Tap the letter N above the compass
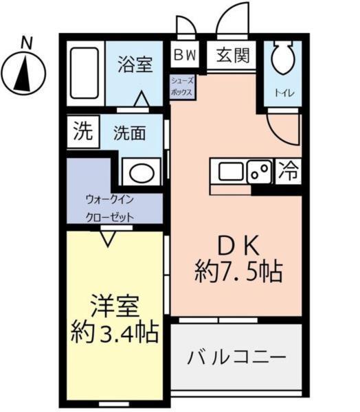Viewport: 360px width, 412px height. coord(26,43)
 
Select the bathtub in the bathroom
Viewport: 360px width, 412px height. coord(85,74)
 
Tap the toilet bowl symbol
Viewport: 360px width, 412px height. coord(282,60)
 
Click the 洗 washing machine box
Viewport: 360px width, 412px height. coord(82,131)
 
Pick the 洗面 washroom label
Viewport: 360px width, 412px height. coord(129,133)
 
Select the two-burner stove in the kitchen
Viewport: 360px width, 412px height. coord(260,171)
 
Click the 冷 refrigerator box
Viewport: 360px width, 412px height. coord(289,172)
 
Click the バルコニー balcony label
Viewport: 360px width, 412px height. coord(236,358)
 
